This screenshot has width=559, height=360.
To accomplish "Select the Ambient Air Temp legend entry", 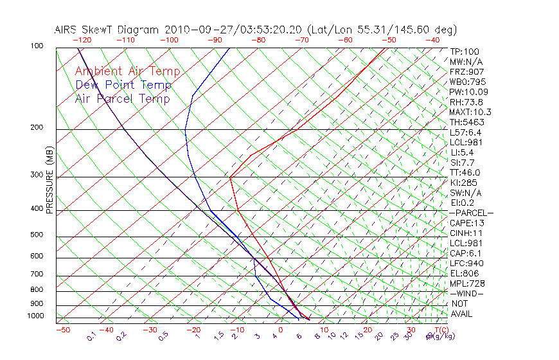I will [x=127, y=71].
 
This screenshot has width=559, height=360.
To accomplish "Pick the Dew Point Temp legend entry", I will [x=123, y=85].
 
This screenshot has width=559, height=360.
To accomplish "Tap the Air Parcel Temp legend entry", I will [x=122, y=98].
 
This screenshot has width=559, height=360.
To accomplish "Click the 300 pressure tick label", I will [x=37, y=175].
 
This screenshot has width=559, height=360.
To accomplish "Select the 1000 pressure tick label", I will [x=35, y=316].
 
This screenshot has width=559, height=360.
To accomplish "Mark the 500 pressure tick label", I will [x=37, y=235].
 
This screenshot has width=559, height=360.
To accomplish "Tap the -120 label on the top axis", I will [x=82, y=40].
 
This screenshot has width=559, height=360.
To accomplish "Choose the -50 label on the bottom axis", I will [x=62, y=330].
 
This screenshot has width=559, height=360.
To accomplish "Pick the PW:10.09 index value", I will [x=468, y=92].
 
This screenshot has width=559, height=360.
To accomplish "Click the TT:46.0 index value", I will [x=466, y=173].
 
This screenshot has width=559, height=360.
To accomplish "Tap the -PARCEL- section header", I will [x=471, y=213].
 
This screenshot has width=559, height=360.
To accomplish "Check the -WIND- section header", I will [x=466, y=294].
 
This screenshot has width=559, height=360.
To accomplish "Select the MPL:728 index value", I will [x=467, y=283].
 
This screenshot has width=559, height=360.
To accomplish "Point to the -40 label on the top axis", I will [x=432, y=40].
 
